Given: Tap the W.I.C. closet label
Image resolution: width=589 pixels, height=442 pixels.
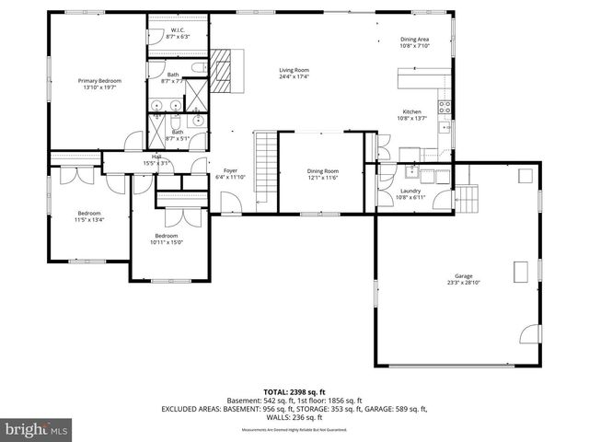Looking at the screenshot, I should (178, 33).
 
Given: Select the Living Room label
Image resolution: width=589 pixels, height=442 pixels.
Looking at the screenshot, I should (294, 73).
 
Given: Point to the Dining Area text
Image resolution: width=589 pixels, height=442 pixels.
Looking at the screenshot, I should (414, 42).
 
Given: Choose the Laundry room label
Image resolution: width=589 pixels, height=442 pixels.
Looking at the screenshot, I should (410, 194).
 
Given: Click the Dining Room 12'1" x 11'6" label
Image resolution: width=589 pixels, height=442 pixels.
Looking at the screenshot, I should (323, 174).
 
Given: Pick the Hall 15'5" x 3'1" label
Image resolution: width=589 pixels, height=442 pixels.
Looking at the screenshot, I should (158, 160).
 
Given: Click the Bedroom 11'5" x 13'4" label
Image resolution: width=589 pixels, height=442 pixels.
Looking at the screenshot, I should (89, 216).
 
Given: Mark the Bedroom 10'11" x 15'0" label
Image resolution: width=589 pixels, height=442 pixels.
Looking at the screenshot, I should (167, 239).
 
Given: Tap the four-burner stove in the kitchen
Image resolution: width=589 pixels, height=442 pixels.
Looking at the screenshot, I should (445, 107).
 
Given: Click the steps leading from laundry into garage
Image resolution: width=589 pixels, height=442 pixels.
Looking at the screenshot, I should (468, 196).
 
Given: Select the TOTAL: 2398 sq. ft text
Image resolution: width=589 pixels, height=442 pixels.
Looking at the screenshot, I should (294, 391).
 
